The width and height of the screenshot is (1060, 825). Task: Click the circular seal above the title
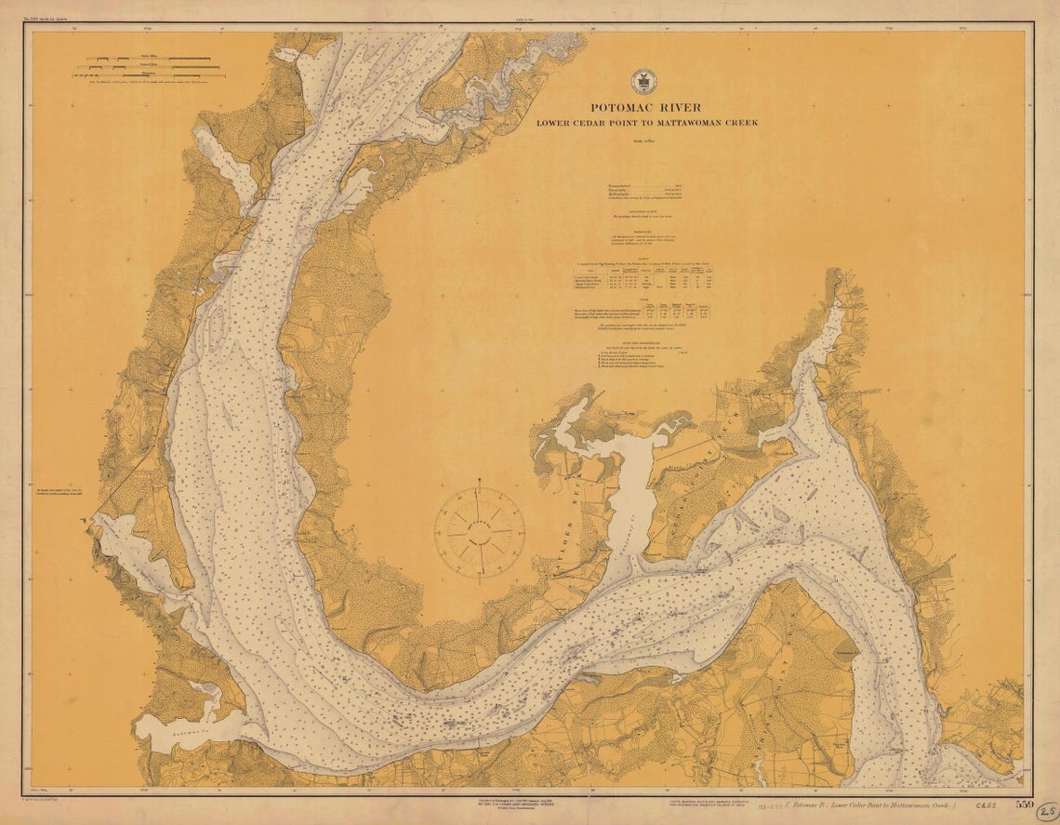(x=642, y=81)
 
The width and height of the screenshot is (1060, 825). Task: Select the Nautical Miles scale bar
(x=153, y=60)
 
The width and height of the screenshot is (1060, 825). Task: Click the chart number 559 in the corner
(x=1024, y=804)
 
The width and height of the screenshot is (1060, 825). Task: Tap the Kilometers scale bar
(x=153, y=76)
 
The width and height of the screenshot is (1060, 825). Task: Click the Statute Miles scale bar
(x=153, y=68)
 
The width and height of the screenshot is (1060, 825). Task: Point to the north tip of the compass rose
(x=479, y=483)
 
